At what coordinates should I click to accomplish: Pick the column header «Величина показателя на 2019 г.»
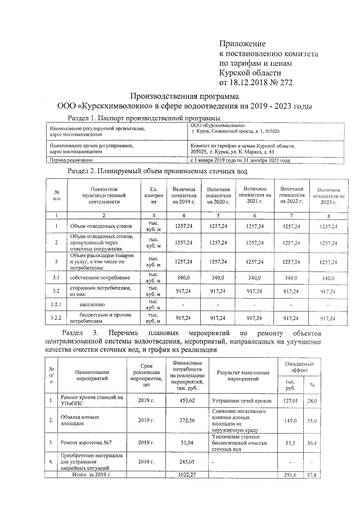tap(185, 195)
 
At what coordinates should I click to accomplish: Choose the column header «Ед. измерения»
tap(153, 195)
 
